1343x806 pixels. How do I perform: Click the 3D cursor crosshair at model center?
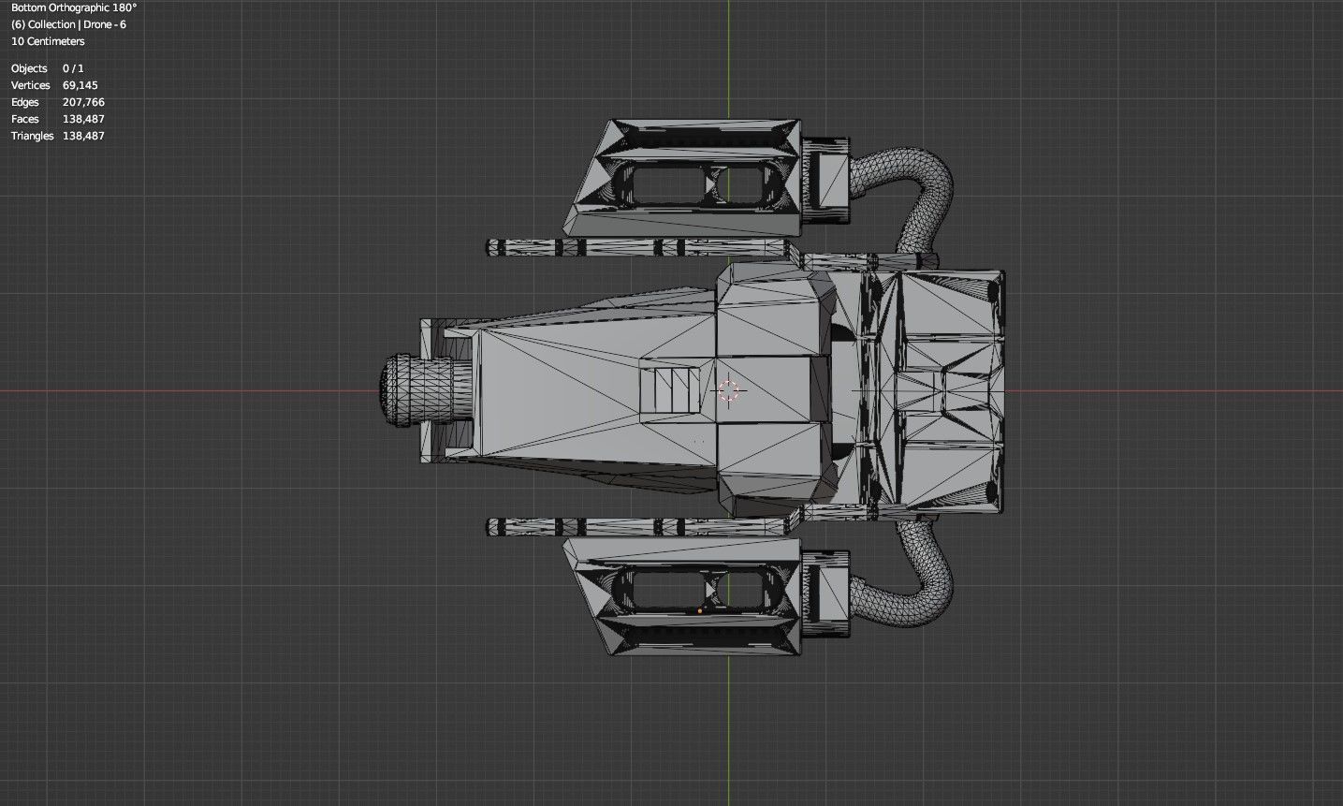pyautogui.click(x=728, y=390)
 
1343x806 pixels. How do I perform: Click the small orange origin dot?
pyautogui.click(x=700, y=610)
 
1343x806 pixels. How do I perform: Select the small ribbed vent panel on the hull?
pyautogui.click(x=670, y=389)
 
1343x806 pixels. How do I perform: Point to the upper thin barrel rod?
pyautogui.click(x=636, y=247)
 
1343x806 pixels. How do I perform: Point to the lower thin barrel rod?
pyautogui.click(x=636, y=526)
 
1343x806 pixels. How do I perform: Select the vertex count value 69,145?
pyautogui.click(x=80, y=85)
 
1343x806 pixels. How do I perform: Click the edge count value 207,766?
pyautogui.click(x=83, y=102)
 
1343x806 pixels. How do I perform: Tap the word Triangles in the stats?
pyautogui.click(x=32, y=136)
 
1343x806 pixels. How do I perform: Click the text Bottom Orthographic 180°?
pyautogui.click(x=74, y=7)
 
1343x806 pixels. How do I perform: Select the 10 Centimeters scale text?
pyautogui.click(x=48, y=41)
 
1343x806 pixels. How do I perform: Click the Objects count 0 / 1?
pyautogui.click(x=73, y=68)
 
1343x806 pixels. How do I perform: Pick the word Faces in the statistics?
pyautogui.click(x=25, y=119)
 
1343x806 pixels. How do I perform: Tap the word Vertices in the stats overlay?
pyautogui.click(x=30, y=85)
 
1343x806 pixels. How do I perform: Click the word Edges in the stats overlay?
pyautogui.click(x=25, y=102)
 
